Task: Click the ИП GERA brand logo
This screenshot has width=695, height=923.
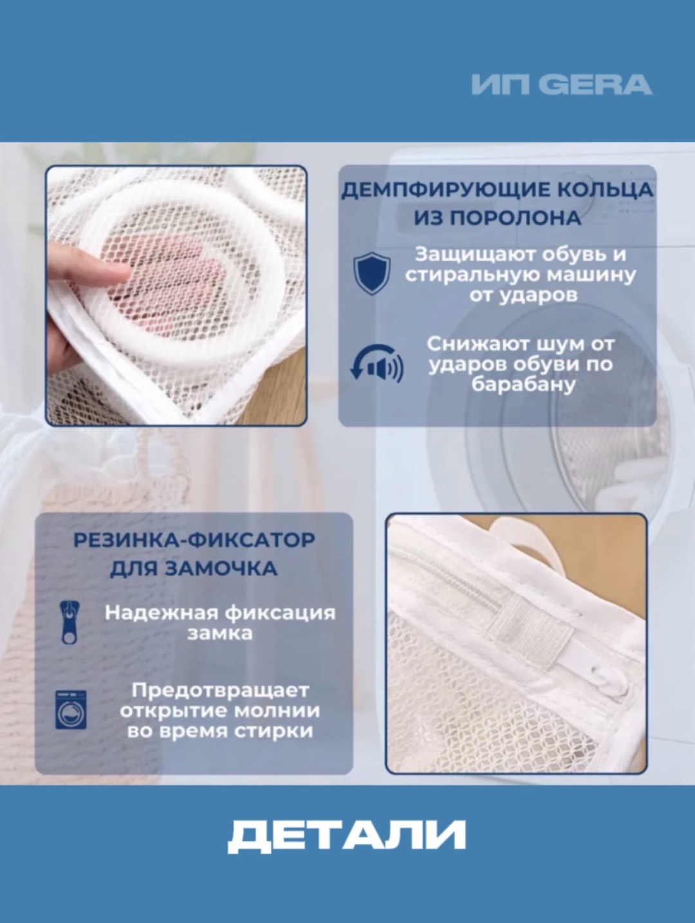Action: [562, 84]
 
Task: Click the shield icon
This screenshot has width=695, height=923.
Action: [372, 274]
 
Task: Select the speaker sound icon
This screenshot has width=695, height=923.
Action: [376, 363]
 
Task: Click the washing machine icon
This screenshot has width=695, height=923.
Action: [71, 710]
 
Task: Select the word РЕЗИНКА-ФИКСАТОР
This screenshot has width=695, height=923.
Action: [194, 540]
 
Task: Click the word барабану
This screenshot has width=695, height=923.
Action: [523, 384]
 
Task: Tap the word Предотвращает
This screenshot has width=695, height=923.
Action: [220, 691]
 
